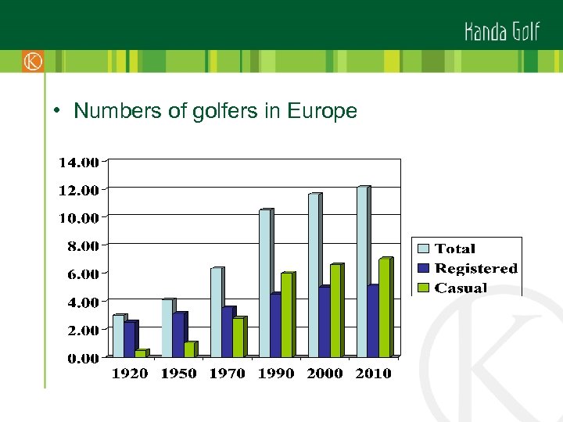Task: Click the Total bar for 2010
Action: point(362,272)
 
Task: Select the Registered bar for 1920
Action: point(130,339)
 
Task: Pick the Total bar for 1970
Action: point(216,313)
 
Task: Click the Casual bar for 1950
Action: point(189,349)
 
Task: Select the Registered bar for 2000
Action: point(324,321)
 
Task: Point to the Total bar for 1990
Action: point(264,283)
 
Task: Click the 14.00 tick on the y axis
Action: point(79,163)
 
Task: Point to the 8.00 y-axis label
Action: point(81,245)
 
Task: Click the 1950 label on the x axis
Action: point(178,374)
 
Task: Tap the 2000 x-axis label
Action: point(325,374)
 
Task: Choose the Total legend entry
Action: point(454,249)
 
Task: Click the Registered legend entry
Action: point(475,268)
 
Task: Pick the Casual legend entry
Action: point(461,288)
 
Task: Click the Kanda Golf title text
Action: point(501,31)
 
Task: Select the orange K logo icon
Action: point(33,60)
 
